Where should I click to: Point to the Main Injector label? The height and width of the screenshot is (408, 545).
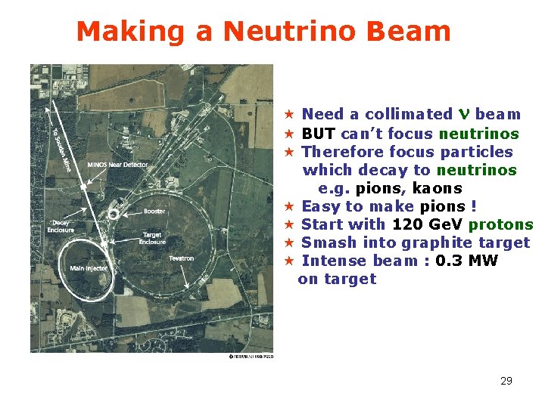(89, 267)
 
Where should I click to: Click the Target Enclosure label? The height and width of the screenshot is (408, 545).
(152, 238)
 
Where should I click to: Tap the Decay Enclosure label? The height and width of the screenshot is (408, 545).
(61, 226)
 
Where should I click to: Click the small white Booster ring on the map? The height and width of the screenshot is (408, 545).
(113, 214)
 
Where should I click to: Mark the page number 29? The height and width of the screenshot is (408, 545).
(506, 381)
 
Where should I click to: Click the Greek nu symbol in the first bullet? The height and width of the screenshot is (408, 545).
(464, 115)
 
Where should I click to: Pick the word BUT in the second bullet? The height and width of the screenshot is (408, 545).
(318, 134)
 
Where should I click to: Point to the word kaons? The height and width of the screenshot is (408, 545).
(437, 188)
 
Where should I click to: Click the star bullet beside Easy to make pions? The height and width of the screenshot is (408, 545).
(288, 206)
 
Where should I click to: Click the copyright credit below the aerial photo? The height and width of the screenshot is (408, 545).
(251, 356)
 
